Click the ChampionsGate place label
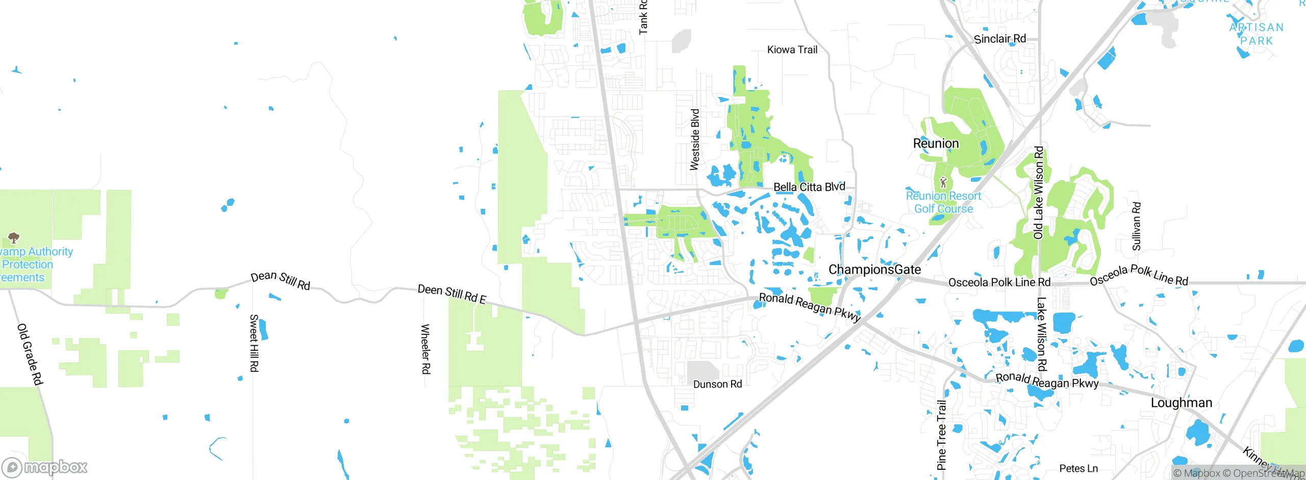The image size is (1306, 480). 874,270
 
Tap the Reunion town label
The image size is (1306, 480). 936,143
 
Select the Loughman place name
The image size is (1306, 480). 1181,403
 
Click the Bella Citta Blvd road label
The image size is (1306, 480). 809,187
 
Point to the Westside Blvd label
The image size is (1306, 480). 695,139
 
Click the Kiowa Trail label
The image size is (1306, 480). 792,50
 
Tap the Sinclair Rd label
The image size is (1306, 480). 999,39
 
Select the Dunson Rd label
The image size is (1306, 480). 717,384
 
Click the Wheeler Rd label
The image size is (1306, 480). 425,349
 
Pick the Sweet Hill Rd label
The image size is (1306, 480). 254,343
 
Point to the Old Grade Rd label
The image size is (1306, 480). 30,354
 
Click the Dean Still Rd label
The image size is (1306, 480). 280,280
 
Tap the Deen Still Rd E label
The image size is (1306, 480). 451,294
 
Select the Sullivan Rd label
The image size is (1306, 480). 1137,226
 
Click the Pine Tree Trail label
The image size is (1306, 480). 942,435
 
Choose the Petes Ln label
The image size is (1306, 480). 1078,468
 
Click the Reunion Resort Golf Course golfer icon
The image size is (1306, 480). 943,182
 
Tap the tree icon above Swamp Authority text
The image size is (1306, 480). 14,237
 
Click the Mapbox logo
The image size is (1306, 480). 45,467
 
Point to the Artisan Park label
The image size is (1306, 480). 1257,34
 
